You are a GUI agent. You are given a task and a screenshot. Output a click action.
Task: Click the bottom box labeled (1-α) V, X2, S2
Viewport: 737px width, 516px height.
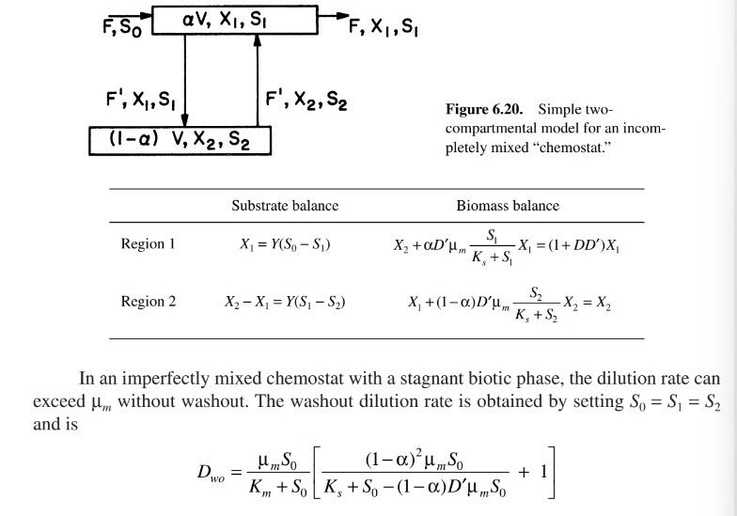180,141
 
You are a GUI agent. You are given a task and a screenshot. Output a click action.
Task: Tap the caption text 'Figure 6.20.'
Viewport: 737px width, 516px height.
499,110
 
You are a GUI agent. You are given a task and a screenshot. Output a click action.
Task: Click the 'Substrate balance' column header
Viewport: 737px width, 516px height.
285,205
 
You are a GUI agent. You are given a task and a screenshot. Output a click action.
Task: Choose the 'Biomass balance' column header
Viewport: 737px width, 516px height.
508,205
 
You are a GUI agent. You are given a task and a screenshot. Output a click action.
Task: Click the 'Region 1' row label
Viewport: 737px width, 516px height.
148,244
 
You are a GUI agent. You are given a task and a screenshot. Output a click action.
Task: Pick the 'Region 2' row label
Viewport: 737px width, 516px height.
148,302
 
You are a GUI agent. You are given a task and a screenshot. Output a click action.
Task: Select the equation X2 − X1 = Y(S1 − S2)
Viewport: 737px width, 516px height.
285,302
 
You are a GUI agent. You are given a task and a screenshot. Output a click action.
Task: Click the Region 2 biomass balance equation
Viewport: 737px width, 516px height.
506,304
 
